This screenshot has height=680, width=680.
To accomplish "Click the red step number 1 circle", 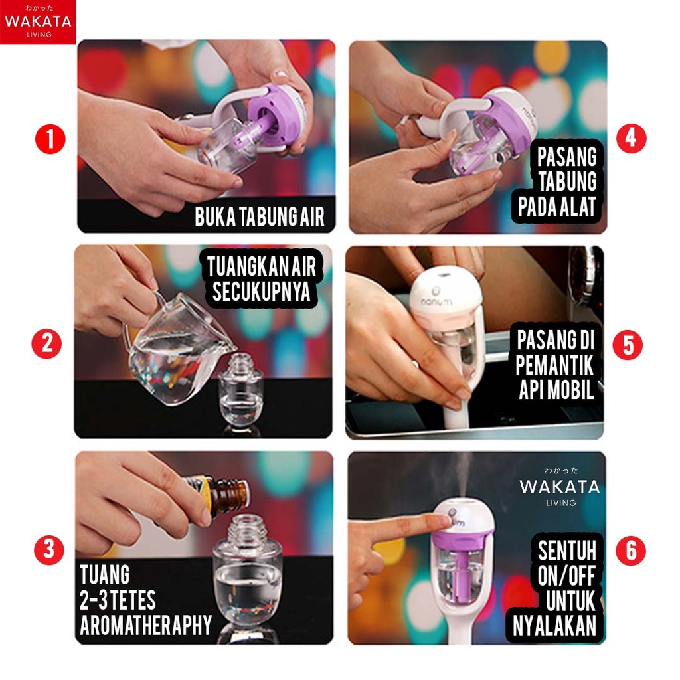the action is tap(50, 139).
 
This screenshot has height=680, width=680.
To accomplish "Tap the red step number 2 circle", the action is tap(47, 344).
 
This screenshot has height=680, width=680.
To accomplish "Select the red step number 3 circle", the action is tap(49, 550).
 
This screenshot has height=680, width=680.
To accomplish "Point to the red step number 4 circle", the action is tap(631, 138).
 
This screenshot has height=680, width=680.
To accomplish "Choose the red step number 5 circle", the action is tap(628, 345).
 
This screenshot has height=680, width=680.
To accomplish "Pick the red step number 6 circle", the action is tap(631, 551).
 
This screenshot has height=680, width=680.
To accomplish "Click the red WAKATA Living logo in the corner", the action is tap(38, 22).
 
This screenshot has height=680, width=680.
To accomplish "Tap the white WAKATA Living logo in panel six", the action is tap(560, 487).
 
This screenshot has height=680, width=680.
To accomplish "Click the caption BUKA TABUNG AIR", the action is tap(260, 216).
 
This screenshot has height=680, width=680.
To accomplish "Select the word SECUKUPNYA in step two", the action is tap(261, 291).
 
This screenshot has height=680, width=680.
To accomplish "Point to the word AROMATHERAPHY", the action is tap(145, 625).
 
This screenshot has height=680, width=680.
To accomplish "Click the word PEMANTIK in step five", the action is tap(554, 365).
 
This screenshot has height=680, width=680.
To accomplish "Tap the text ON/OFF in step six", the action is tap(566, 576).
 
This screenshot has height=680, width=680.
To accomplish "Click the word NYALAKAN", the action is tap(554, 626).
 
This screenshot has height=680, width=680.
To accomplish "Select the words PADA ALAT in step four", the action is tap(557, 206).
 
